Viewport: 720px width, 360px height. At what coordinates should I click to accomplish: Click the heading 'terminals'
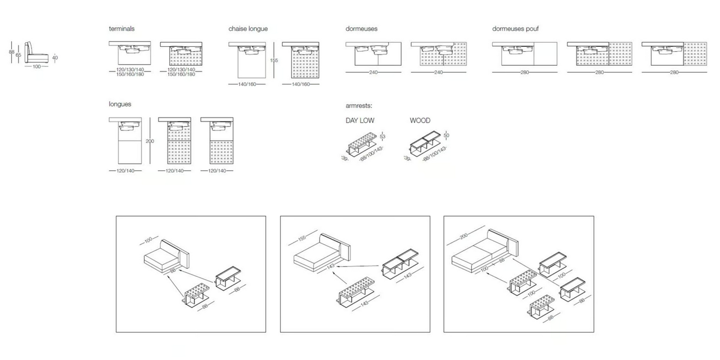121,29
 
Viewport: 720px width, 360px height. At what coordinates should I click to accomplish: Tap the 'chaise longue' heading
248,29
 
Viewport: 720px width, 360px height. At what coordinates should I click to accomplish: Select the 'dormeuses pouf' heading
516,29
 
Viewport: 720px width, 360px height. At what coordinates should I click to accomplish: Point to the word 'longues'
120,104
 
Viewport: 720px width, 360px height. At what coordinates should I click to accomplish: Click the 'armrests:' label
359,106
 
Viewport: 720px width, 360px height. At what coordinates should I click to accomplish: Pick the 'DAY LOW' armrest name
360,120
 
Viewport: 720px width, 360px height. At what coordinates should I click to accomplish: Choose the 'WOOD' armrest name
420,120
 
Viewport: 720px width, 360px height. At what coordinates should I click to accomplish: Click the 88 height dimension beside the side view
11,52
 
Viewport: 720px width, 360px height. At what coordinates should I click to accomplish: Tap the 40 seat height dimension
55,57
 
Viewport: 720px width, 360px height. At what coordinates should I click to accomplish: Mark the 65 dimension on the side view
19,55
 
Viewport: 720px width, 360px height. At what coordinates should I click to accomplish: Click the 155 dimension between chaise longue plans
274,60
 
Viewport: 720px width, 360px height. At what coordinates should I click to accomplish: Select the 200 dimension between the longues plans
150,141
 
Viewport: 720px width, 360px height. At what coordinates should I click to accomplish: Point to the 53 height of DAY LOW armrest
382,136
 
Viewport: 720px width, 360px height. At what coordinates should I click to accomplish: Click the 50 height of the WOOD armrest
446,136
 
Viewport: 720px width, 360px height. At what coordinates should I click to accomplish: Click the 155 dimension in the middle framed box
302,239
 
